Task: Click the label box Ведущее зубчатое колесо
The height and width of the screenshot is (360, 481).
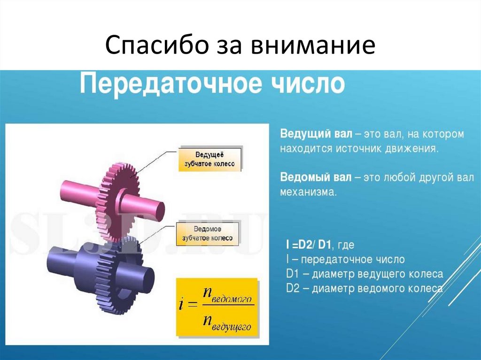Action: (209, 159)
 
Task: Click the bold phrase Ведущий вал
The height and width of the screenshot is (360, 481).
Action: (316, 134)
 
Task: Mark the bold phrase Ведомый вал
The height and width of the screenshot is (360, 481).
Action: (316, 178)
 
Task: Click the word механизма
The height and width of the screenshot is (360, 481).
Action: (308, 192)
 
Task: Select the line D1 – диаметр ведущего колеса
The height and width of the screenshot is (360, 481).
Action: (365, 274)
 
